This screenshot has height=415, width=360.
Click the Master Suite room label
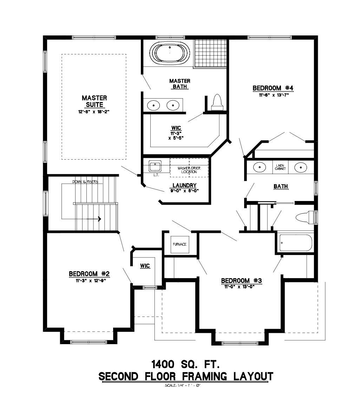coord(94,101)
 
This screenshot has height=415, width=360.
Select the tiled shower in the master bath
coord(210,53)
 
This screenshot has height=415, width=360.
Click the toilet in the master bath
coord(217,102)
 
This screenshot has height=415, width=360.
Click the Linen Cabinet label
coord(280,167)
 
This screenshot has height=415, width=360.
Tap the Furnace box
coord(179,244)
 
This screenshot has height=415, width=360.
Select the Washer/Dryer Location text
coord(189,170)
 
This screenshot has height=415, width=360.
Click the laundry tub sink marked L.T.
coord(155,166)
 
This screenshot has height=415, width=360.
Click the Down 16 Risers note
coord(85,182)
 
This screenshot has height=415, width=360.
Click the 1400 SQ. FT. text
coord(186,363)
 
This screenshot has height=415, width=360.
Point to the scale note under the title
coord(182,386)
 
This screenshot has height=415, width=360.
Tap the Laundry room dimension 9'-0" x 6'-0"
coord(184,191)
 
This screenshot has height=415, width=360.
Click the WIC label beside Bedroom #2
coord(145,266)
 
